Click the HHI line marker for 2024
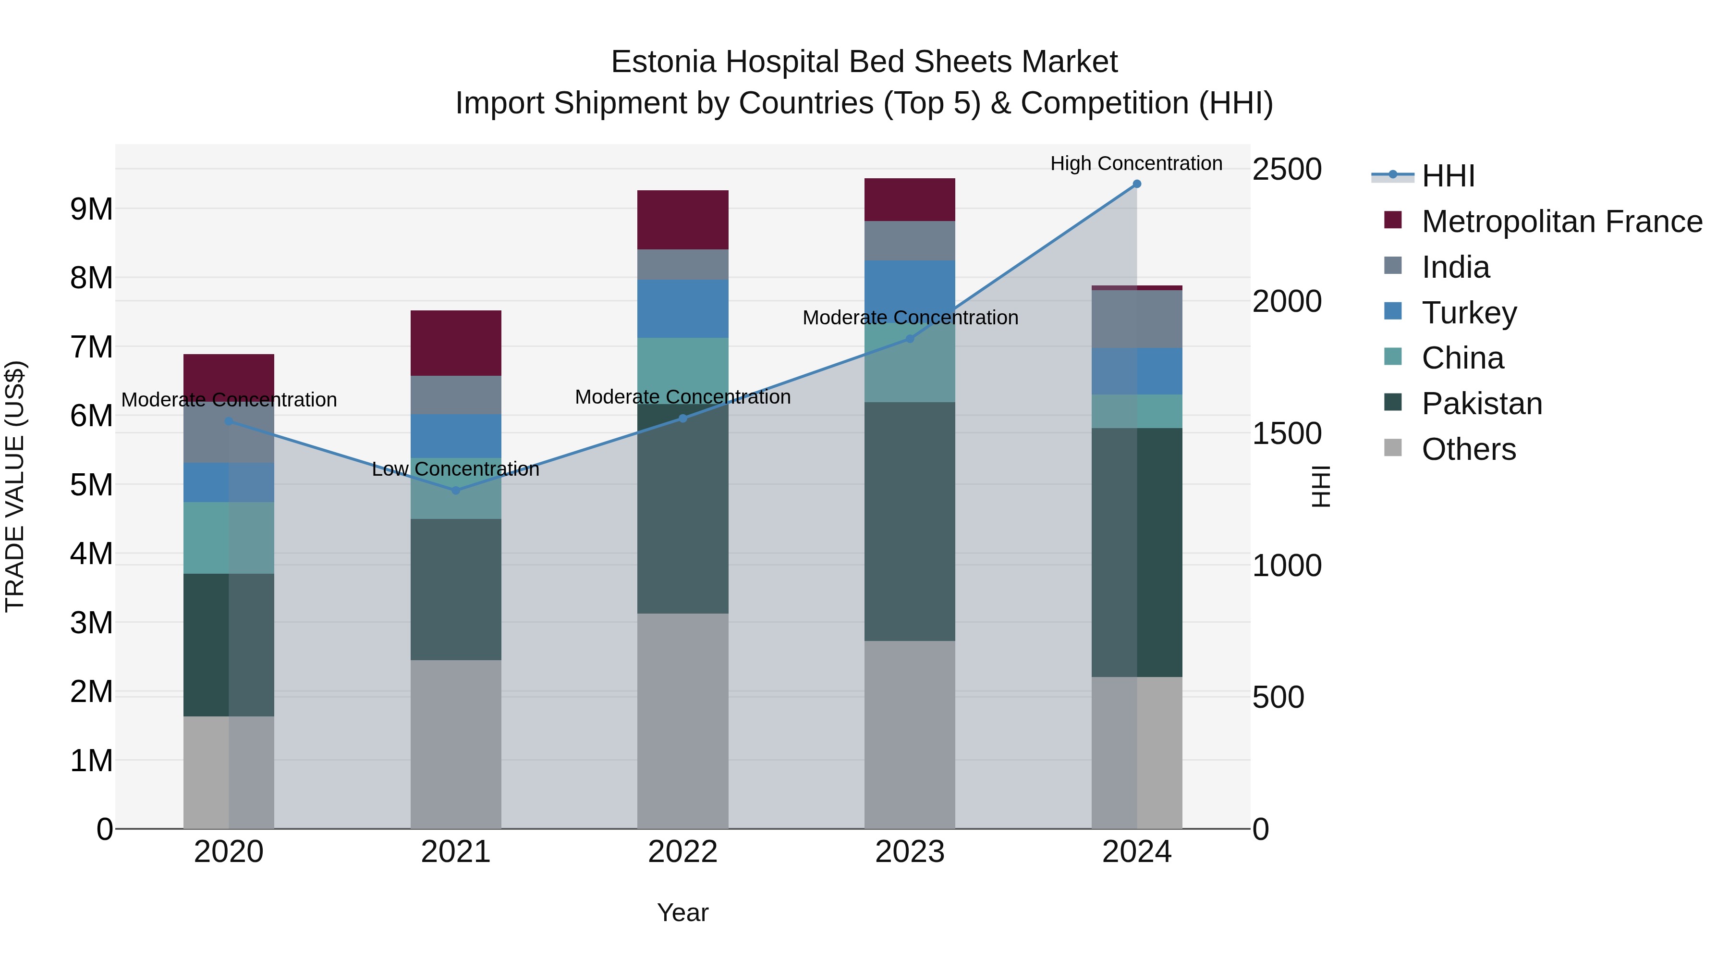(x=1136, y=184)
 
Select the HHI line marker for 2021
(x=456, y=490)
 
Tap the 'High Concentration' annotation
(x=1136, y=164)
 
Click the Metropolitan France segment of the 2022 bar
(x=682, y=220)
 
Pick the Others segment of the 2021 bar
(x=456, y=744)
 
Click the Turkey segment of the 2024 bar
(x=1136, y=371)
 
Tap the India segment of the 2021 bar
(x=456, y=395)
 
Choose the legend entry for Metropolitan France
(x=1561, y=222)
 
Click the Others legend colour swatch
(x=1393, y=448)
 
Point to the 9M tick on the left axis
(x=92, y=209)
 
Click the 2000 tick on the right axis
(x=1287, y=301)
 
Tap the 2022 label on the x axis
(x=682, y=852)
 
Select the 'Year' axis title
(x=682, y=912)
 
